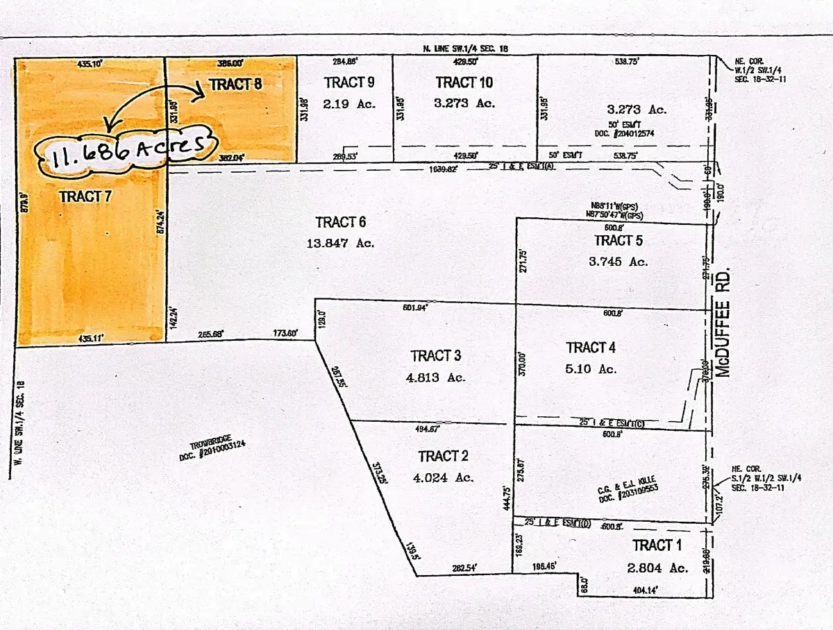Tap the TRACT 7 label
(x=85, y=196)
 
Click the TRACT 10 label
(x=464, y=83)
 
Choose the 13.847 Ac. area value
(x=340, y=244)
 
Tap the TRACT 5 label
(x=614, y=240)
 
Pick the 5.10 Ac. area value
(x=591, y=369)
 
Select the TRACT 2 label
(x=444, y=456)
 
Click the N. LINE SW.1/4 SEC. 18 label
(x=471, y=48)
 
